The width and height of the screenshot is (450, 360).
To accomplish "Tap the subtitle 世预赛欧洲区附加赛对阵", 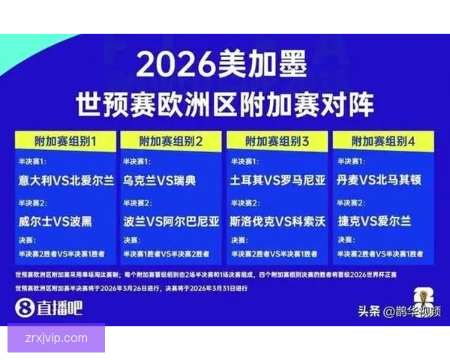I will tap(224, 103).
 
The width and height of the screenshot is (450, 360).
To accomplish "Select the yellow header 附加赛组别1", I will tap(66, 140).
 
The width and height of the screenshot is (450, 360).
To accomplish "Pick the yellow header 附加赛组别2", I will tap(172, 140).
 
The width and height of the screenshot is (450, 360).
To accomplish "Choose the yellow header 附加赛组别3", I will tap(277, 140).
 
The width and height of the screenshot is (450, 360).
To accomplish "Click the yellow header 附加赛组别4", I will tap(383, 140).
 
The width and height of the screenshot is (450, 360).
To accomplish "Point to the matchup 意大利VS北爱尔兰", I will tap(66, 181).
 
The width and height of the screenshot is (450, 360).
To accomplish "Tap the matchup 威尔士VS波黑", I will tap(55, 222).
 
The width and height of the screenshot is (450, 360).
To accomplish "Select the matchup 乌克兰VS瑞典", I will tap(160, 181).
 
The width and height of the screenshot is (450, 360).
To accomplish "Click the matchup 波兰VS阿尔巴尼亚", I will tap(172, 222).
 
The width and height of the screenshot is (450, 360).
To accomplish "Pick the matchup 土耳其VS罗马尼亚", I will tap(277, 181).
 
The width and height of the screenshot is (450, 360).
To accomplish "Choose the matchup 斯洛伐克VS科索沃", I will tap(277, 222).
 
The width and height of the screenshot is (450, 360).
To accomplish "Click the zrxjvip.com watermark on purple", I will tap(57, 338).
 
